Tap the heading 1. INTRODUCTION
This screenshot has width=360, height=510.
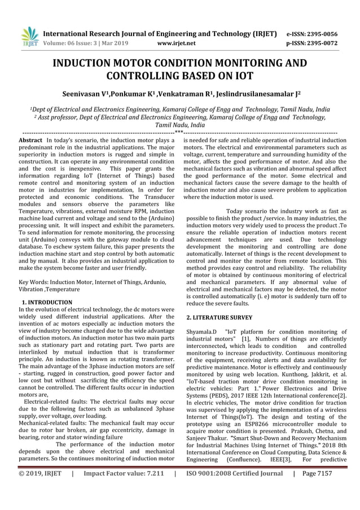click(46, 302)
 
